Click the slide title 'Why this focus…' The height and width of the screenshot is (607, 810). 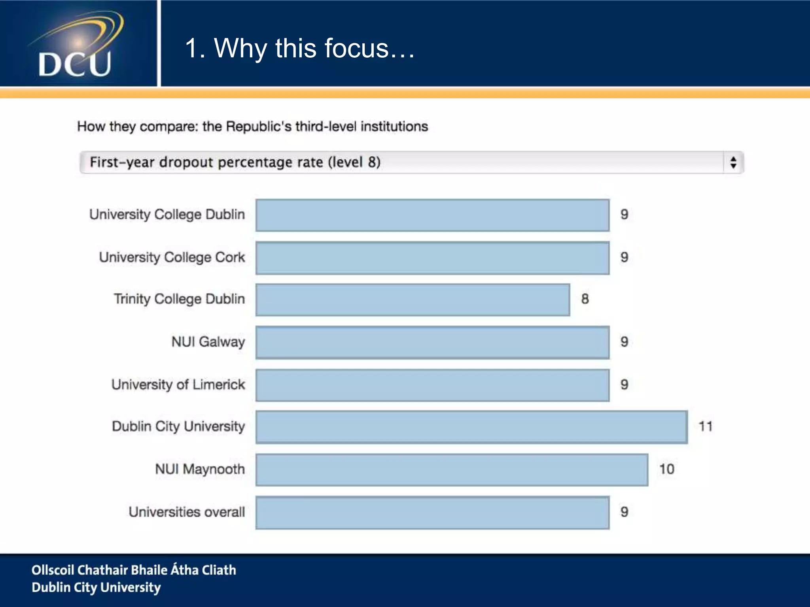[300, 48]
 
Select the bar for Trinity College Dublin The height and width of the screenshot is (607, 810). [413, 300]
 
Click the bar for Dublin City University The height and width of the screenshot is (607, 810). [471, 427]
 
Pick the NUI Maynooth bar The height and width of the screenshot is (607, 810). [452, 469]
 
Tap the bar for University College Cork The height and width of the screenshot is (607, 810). [432, 258]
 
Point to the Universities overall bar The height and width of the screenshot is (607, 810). [432, 513]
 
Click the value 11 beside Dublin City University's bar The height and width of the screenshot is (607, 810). [706, 426]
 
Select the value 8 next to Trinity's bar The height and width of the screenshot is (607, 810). [585, 299]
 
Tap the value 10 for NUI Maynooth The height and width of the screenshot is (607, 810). [666, 469]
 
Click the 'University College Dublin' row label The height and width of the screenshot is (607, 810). [167, 215]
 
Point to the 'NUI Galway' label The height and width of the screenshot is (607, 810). [208, 342]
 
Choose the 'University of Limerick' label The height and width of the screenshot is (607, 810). [178, 385]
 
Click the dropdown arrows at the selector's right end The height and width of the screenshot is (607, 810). [733, 162]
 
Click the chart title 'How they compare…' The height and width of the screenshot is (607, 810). [252, 126]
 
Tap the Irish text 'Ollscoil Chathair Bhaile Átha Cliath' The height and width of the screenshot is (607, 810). [134, 570]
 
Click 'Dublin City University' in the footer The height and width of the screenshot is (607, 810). [96, 588]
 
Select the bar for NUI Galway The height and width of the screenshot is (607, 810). [432, 342]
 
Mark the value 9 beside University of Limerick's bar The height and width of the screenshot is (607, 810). [624, 385]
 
